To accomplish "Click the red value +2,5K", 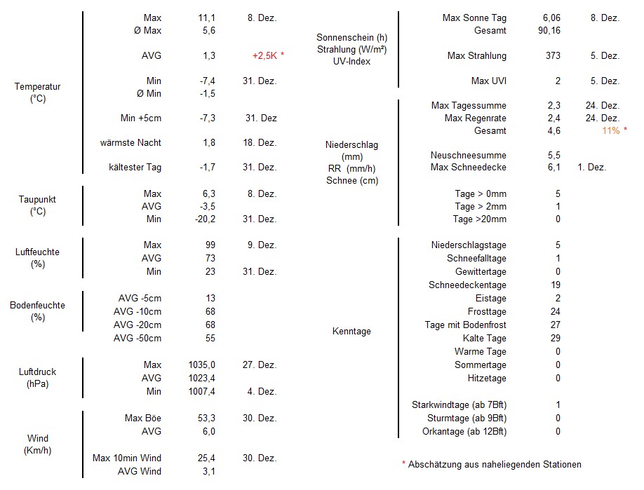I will pos(266,56).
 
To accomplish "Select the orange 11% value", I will pos(610,131).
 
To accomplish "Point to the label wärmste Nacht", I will pos(130,143).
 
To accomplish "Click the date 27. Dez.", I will pos(261,365).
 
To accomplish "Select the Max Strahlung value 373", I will pos(553,56).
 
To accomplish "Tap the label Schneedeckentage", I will pos(467,285).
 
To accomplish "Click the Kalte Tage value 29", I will pos(557,339).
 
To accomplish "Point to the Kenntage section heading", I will pos(351,332).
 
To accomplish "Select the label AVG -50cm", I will pos(137,339).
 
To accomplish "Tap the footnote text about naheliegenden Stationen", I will pos(494,464).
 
